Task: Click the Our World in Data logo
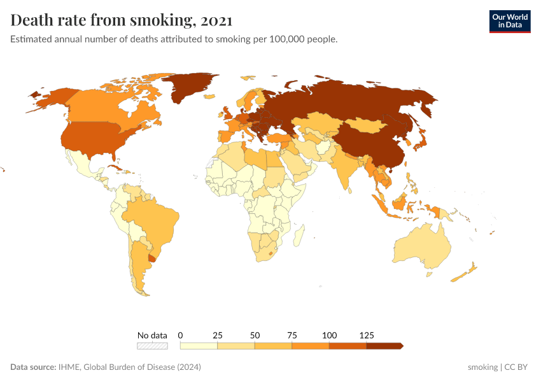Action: [509, 21]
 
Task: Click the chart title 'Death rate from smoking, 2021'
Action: [121, 20]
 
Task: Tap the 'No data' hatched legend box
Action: [152, 346]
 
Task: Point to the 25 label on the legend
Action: [218, 335]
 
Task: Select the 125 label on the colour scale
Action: [367, 335]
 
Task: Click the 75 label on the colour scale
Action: [292, 335]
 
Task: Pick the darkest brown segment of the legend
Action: [384, 346]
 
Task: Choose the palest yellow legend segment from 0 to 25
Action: [199, 346]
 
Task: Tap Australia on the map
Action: [421, 248]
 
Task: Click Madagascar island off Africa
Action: [297, 237]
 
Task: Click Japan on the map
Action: [422, 141]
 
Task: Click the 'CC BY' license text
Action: [516, 367]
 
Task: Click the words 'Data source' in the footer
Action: [32, 367]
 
